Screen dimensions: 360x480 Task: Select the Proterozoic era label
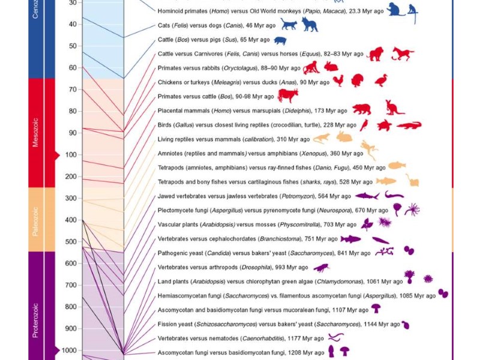click(x=35, y=320)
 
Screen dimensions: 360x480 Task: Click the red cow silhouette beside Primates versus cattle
click(x=287, y=96)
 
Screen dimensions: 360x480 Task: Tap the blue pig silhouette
click(x=280, y=41)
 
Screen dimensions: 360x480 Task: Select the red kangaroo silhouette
click(x=395, y=108)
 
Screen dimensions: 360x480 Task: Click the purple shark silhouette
click(x=367, y=196)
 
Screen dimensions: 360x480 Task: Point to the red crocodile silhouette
click(x=409, y=125)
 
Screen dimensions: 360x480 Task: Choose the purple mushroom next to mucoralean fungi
click(x=376, y=308)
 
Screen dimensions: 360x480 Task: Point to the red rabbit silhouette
click(x=331, y=67)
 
